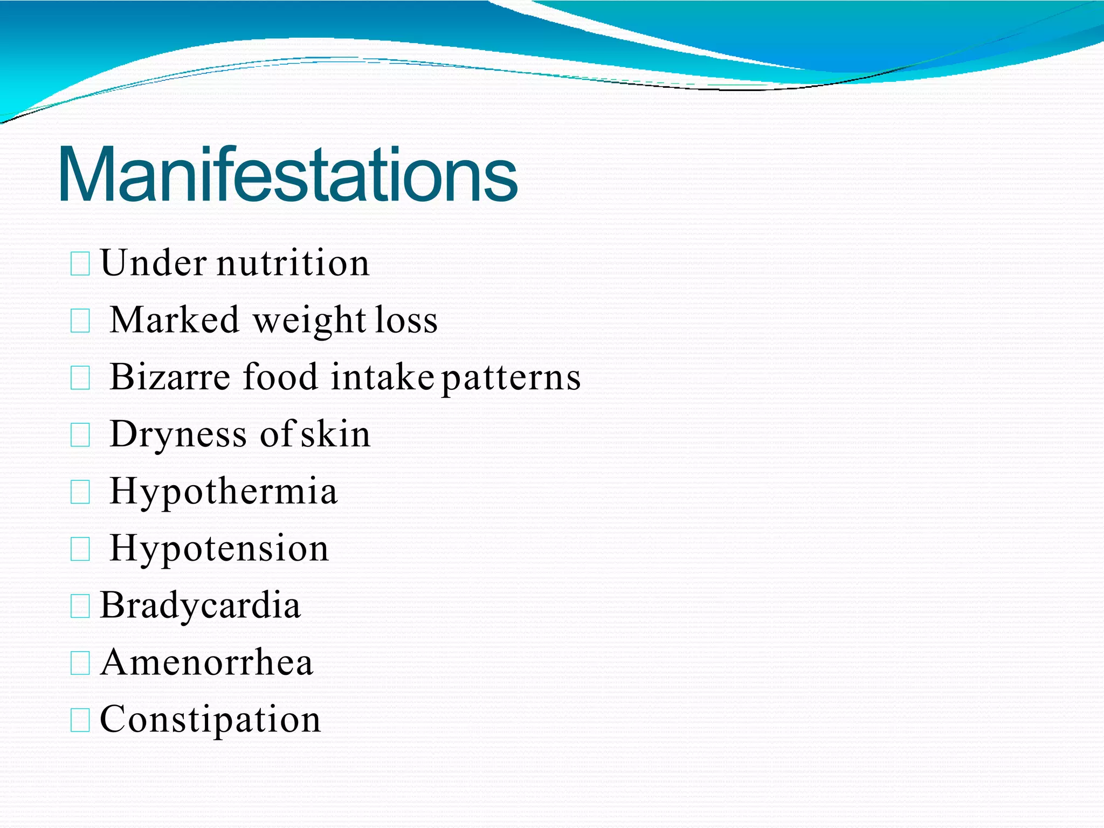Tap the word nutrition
click(293, 264)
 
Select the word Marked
click(174, 320)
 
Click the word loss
click(406, 320)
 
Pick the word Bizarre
click(170, 377)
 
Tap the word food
click(280, 377)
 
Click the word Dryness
click(178, 435)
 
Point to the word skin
click(335, 434)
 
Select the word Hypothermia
click(223, 492)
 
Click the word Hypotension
click(219, 549)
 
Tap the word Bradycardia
click(200, 606)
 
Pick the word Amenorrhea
click(206, 663)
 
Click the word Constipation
click(210, 720)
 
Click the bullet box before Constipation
click(80, 721)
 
